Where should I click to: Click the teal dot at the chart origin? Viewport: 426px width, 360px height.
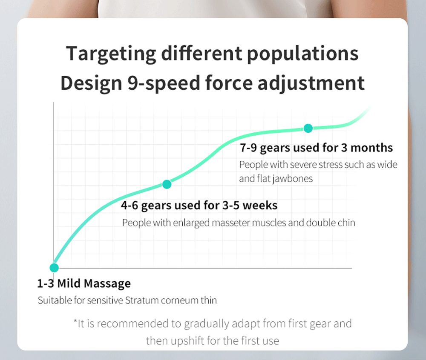55,268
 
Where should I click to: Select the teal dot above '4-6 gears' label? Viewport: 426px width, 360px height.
167,184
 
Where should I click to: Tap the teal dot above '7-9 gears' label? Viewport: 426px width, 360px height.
308,128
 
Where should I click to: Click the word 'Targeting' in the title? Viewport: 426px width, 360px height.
111,54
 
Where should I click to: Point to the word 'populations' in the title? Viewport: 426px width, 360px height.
302,54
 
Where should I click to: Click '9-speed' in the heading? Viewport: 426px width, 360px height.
164,83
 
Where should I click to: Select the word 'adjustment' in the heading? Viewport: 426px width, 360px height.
311,83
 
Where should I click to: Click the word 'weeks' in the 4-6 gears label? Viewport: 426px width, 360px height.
260,206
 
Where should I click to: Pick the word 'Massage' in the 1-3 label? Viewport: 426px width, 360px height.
107,283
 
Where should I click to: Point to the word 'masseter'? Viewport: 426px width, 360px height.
230,223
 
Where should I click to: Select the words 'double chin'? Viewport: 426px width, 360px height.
331,223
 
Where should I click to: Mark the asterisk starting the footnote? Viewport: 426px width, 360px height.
75,321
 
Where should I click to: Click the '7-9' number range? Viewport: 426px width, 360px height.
248,148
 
